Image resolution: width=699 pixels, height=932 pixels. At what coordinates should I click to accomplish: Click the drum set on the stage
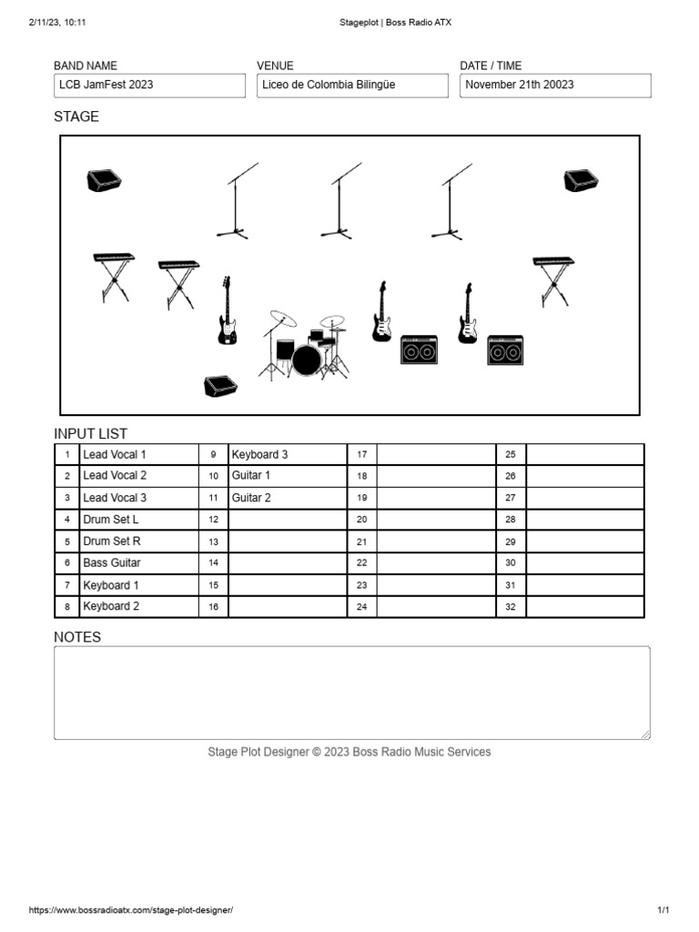coord(305,346)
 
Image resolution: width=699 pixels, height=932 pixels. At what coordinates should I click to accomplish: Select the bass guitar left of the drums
coord(227,311)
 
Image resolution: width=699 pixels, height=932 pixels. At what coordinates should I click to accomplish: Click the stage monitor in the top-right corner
coord(580,181)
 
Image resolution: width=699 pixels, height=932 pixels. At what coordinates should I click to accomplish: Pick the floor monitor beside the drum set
coord(220,386)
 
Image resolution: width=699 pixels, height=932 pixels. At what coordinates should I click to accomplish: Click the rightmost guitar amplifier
coord(505,349)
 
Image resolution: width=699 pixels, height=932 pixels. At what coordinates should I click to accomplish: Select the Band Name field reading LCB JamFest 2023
coord(149,86)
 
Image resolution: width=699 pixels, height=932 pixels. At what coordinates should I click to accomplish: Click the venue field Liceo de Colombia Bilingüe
coord(352,86)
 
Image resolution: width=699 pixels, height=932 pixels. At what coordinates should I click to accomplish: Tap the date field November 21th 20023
coord(555,86)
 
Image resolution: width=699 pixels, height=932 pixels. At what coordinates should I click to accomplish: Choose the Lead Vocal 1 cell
coord(139,454)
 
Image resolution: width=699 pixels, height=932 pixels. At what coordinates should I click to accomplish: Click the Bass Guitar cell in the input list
coord(139,563)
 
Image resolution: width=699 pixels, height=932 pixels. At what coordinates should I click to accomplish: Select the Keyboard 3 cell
coord(287,454)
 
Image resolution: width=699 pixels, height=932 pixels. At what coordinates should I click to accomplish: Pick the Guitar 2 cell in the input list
coord(287,498)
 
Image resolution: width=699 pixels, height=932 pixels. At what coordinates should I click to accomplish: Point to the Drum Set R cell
coord(139,542)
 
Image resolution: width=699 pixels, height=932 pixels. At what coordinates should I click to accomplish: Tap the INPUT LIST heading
coord(91,433)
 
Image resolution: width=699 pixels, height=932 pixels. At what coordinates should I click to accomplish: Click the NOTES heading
coord(77,637)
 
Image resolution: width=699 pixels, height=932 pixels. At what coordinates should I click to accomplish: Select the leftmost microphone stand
coord(236,202)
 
